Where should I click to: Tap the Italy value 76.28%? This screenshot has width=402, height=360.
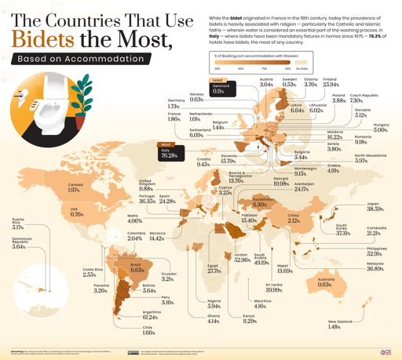pos(169,156)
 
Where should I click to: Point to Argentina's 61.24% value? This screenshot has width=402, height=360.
pos(152,318)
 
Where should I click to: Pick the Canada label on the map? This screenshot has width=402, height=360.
pos(75,185)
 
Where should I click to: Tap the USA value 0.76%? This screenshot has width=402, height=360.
pos(77,214)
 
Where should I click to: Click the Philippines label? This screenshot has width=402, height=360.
pos(376,248)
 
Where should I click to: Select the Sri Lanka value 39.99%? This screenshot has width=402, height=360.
pos(274,290)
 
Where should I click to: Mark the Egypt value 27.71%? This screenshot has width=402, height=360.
pos(214,271)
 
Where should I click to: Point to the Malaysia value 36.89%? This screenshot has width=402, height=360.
pos(375,269)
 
